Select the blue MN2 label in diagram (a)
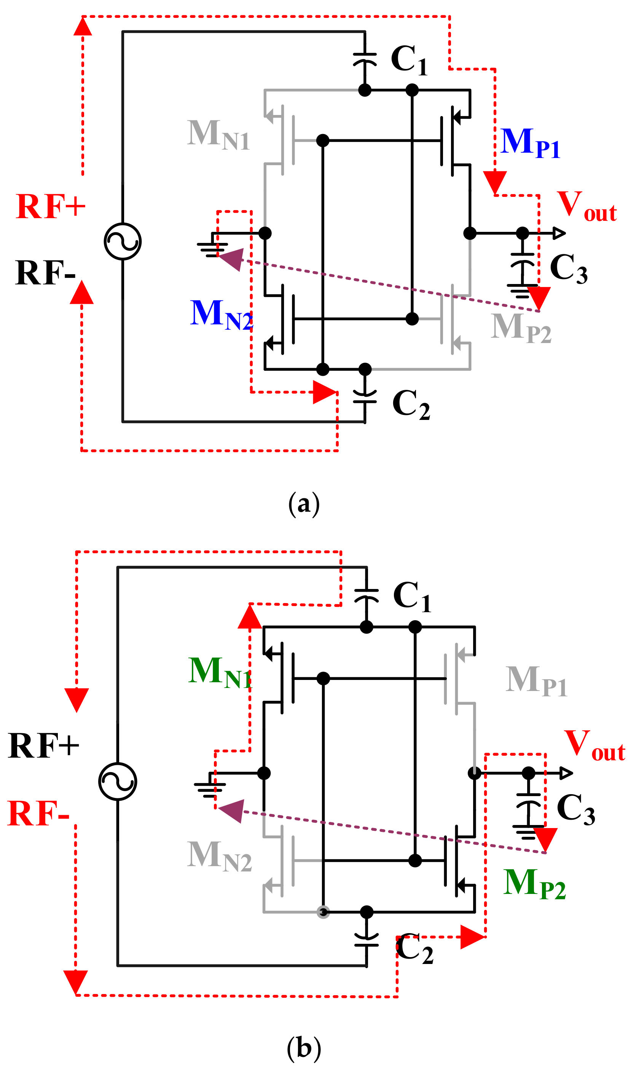click(221, 315)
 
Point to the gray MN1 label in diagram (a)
click(218, 134)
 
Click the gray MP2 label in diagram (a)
click(521, 328)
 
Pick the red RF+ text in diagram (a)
click(51, 207)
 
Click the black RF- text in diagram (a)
click(45, 273)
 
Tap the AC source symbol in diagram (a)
click(123, 242)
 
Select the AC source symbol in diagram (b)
click(118, 781)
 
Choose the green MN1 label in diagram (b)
click(220, 672)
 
